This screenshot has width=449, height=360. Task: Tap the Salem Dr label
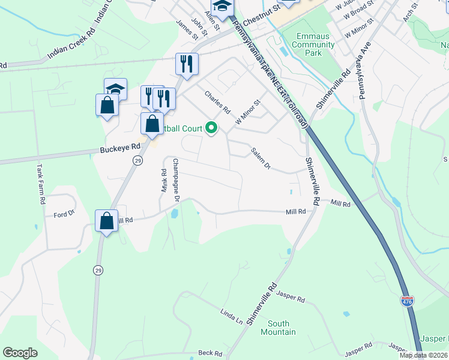point(262,158)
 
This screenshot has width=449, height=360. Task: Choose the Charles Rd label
point(217,102)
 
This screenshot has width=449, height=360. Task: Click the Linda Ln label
point(231,316)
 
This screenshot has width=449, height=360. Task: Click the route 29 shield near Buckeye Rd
point(137,161)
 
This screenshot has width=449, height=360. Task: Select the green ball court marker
point(211,127)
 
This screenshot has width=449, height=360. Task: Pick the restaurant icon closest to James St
point(187,63)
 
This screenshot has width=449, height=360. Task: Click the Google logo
point(20,353)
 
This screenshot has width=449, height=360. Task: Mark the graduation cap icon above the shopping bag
point(115,88)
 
